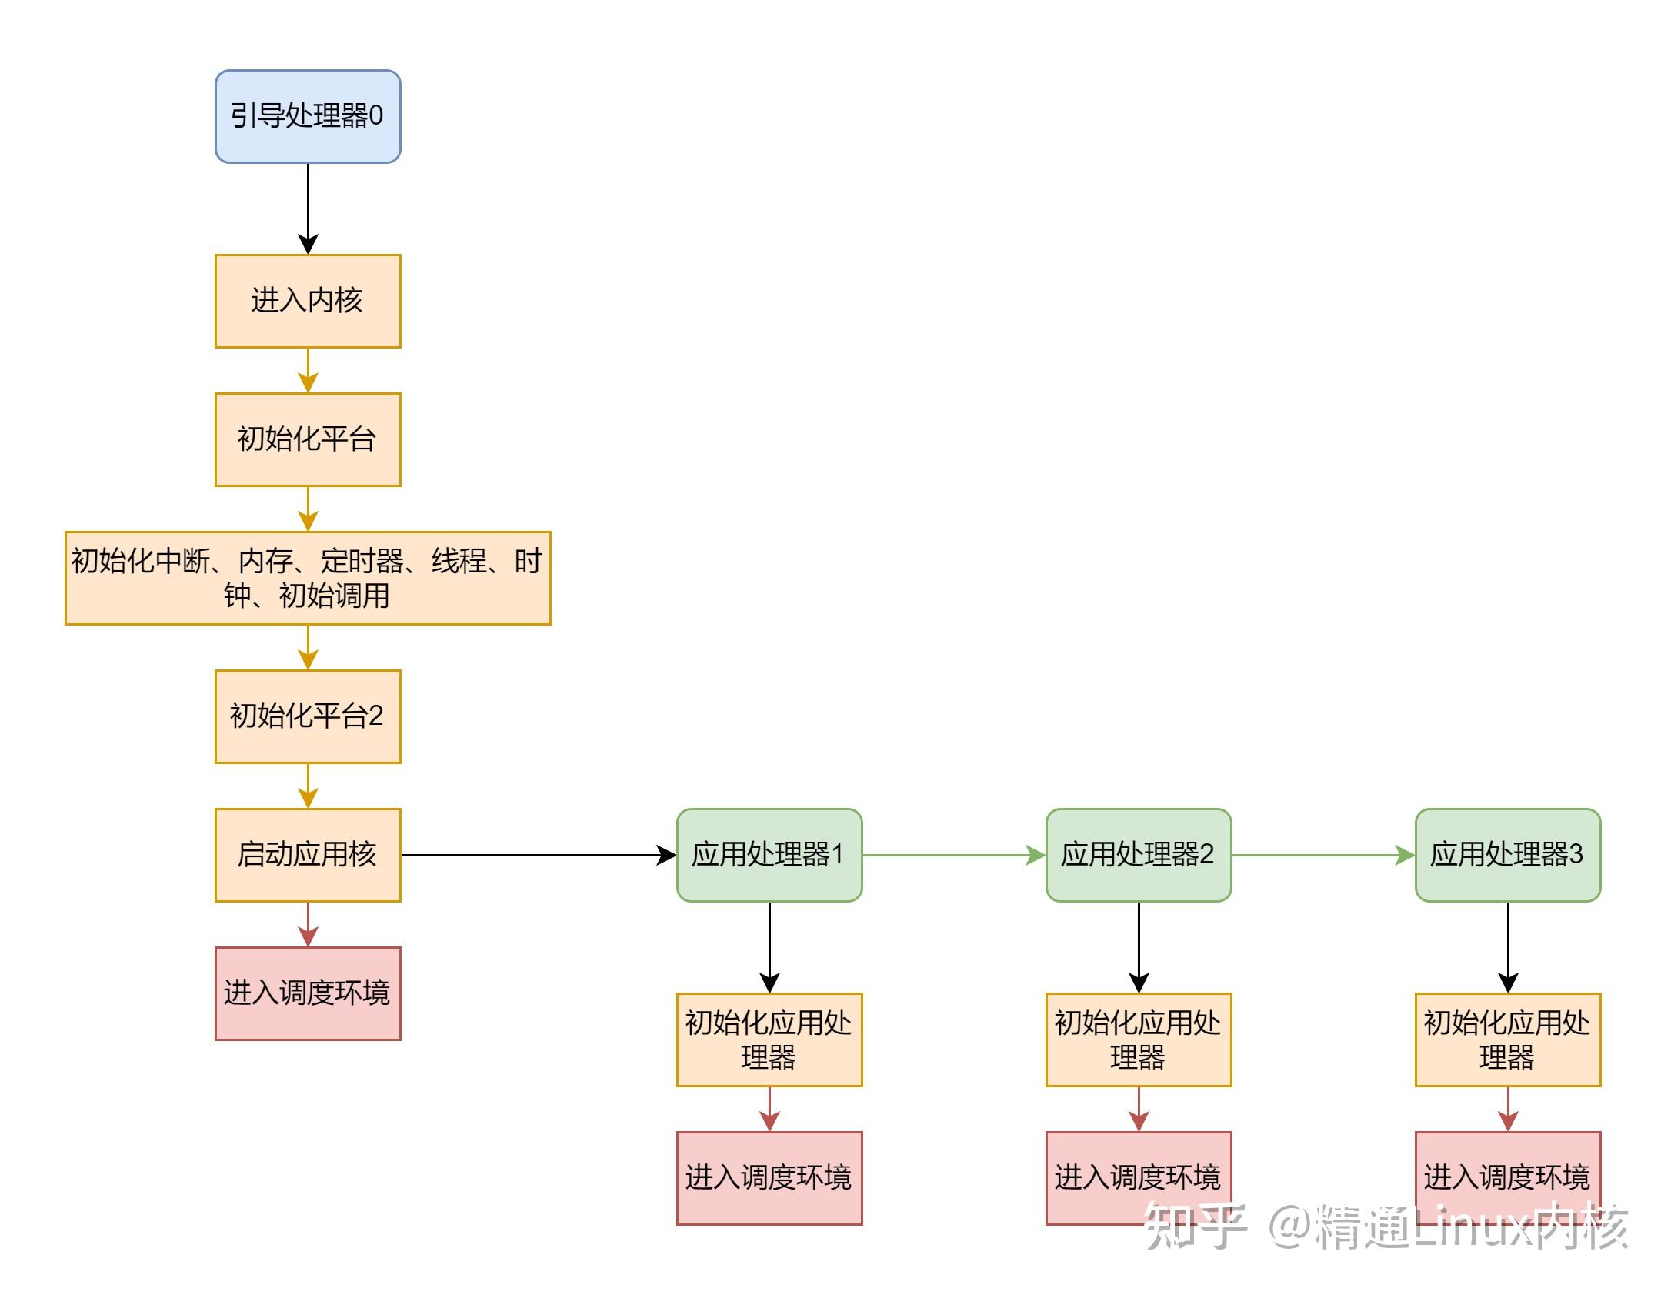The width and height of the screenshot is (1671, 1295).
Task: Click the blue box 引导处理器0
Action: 308,116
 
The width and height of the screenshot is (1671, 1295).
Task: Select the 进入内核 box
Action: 308,301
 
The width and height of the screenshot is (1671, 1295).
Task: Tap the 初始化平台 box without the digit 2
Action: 308,439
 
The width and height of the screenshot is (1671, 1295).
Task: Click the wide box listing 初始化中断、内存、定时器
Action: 308,578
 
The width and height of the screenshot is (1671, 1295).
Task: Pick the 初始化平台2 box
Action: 308,716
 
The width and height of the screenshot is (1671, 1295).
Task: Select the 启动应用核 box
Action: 308,855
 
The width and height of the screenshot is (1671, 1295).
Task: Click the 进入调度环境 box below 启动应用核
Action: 308,993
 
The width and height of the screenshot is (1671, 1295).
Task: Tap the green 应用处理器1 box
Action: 769,855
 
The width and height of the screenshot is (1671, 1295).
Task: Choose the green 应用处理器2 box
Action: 1139,855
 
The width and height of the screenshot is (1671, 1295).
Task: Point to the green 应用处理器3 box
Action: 1508,855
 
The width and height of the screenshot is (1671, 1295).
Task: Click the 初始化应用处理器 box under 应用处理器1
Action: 769,1040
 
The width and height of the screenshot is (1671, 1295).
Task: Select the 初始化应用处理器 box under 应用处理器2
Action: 1139,1040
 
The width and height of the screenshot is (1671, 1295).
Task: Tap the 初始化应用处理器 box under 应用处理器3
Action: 1508,1040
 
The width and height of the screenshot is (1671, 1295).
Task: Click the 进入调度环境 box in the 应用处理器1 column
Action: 769,1178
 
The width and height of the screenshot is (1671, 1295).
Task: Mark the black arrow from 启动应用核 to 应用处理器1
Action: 539,855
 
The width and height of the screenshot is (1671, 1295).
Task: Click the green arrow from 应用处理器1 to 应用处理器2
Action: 954,855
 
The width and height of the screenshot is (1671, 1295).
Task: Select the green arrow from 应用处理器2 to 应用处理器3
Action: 1323,855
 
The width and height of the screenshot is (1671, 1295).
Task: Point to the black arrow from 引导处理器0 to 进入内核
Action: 308,208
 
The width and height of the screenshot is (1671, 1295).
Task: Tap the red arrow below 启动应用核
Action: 308,923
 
